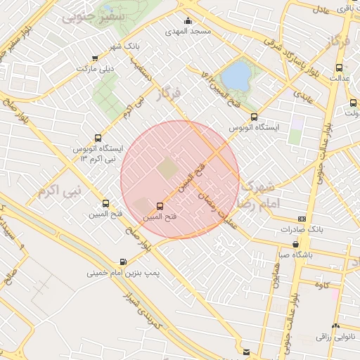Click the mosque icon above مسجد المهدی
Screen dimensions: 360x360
[188, 21]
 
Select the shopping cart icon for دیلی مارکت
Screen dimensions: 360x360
[95, 58]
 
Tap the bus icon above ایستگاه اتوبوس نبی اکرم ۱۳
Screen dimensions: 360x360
[97, 139]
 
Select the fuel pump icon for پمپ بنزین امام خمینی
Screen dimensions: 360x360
[124, 261]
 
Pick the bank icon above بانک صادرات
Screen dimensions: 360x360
[302, 219]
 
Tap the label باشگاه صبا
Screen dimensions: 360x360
[292, 255]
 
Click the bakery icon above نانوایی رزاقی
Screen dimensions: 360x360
[335, 327]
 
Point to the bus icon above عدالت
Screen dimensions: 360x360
[340, 68]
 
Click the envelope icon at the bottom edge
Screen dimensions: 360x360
[245, 352]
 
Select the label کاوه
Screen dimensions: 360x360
[323, 284]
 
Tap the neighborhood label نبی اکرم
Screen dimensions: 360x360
[60, 191]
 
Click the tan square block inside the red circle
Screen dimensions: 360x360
[167, 169]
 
